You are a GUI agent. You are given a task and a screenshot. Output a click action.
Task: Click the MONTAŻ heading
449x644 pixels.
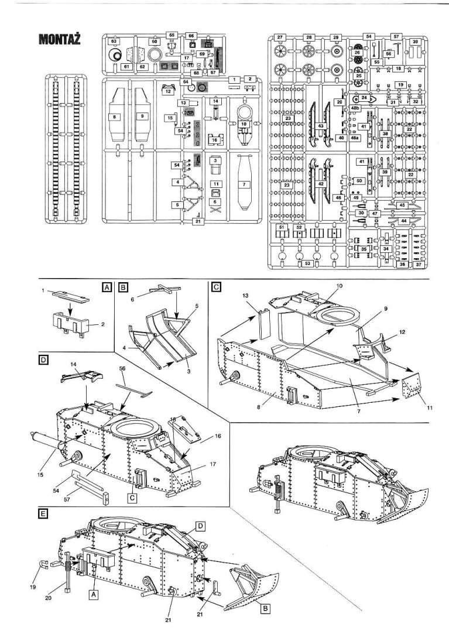(x=59, y=39)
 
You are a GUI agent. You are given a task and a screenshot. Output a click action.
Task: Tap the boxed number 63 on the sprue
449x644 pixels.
(x=114, y=41)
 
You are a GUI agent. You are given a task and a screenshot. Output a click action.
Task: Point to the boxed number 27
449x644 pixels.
(x=280, y=37)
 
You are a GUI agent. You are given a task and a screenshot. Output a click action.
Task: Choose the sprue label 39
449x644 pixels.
(x=414, y=42)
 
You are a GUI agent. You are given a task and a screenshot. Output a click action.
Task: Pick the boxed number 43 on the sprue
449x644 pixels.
(x=320, y=126)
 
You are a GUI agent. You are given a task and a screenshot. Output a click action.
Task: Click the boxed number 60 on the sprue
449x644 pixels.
(x=155, y=42)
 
